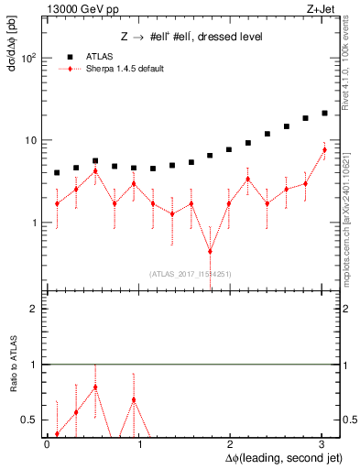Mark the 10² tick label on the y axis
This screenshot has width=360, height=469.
28,58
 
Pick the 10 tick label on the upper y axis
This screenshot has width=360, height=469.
30,140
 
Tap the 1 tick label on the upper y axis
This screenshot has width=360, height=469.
34,223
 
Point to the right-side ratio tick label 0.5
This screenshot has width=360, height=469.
344,420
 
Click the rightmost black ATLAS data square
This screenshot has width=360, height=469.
324,114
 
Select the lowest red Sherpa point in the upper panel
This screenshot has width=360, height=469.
210,251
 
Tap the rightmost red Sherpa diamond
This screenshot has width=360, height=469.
324,150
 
